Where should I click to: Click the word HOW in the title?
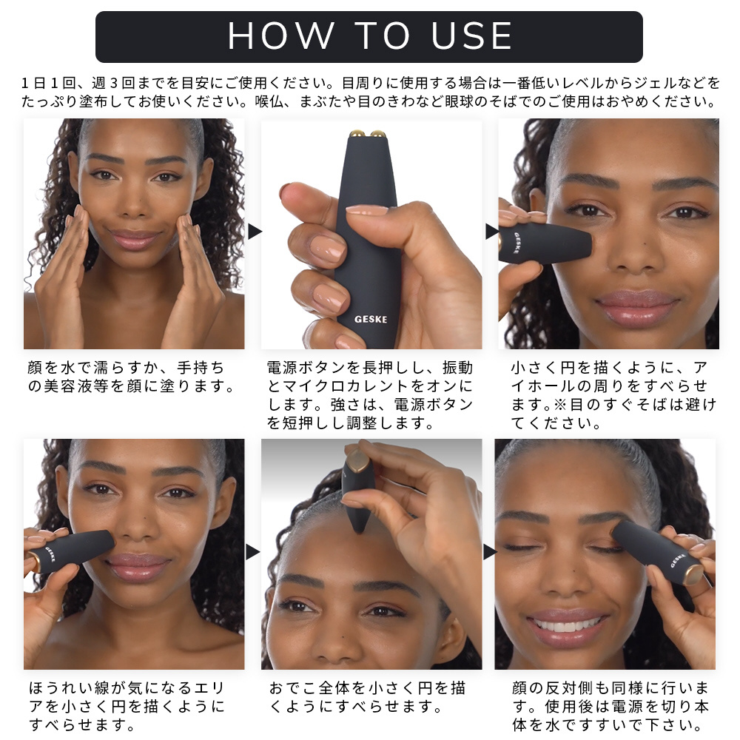point(281,36)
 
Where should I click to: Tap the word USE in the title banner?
point(471,36)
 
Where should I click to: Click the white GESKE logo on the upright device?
point(371,320)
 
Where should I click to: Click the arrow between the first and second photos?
point(255,231)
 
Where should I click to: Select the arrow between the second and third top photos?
point(492,231)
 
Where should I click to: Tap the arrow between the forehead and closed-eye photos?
point(490,551)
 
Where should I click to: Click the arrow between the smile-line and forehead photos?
point(252,551)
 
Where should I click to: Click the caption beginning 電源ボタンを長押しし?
point(371,395)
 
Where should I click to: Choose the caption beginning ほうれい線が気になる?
point(127,706)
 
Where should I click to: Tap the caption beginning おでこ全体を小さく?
point(368,697)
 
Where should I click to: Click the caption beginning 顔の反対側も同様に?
point(610,706)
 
